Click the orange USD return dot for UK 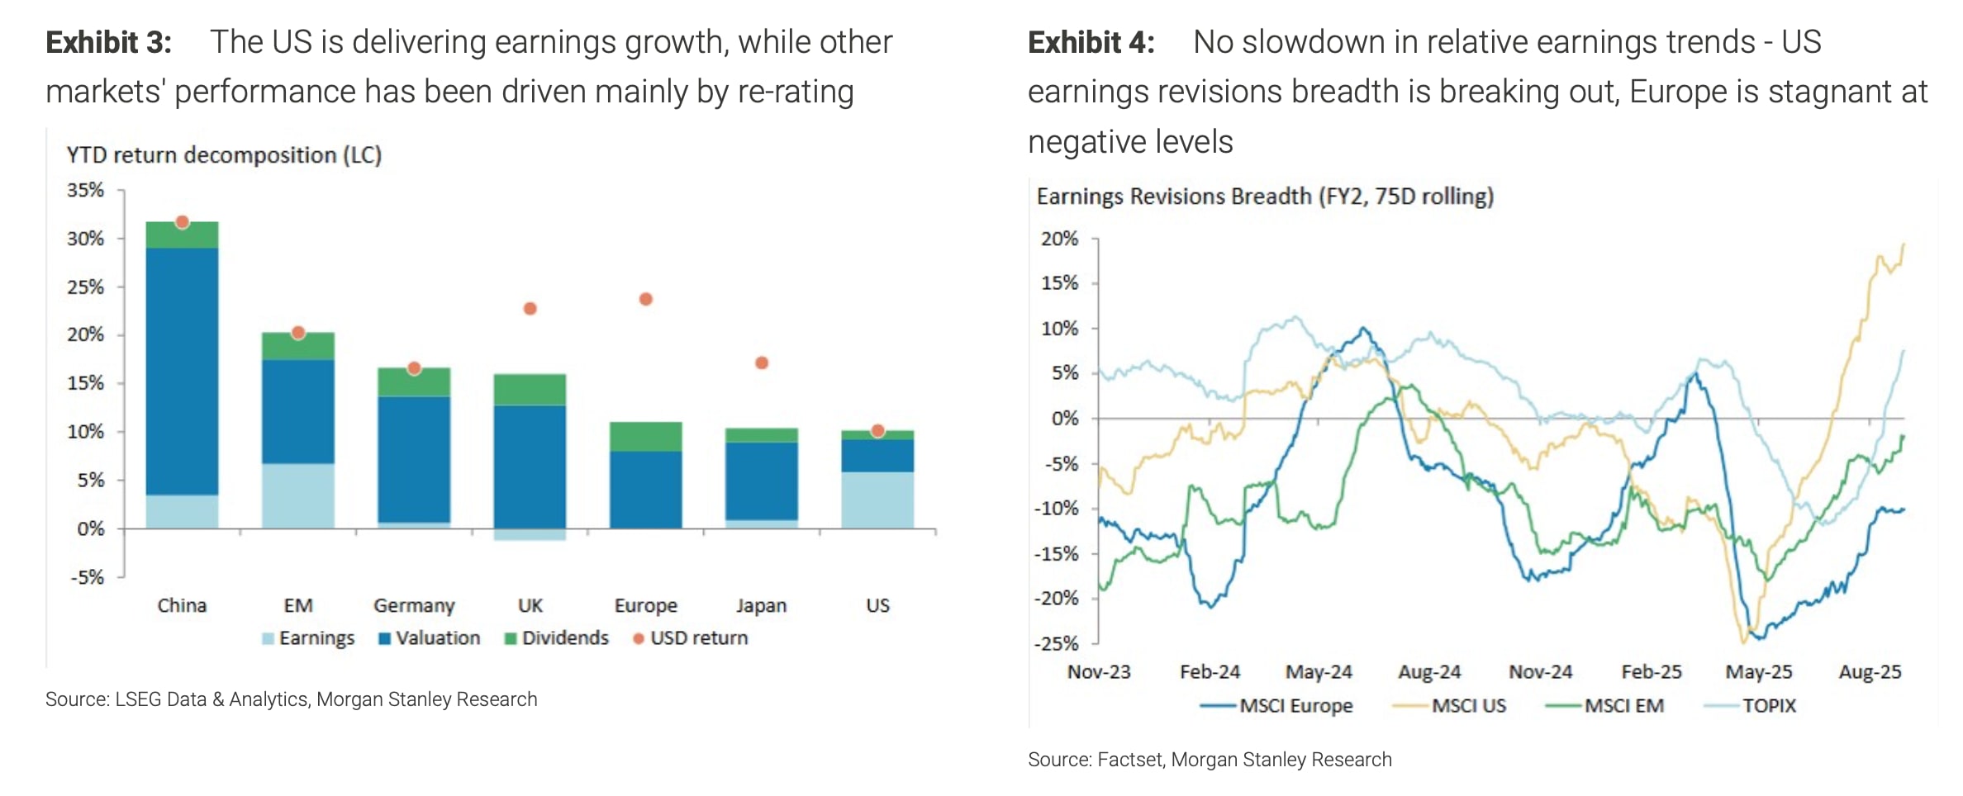(530, 309)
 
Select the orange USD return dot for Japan (762, 363)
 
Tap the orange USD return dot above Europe (646, 299)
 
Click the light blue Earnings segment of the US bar (877, 500)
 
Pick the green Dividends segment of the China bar (182, 235)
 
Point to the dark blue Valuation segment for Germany (414, 459)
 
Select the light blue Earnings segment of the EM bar (298, 495)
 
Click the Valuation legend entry (429, 638)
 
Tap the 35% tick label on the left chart (85, 191)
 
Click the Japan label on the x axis (761, 606)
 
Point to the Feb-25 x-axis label (1651, 672)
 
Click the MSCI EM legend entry (1604, 706)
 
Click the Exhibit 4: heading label (1091, 42)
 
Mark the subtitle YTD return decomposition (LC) (224, 155)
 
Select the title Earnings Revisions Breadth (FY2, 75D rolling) (1265, 197)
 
